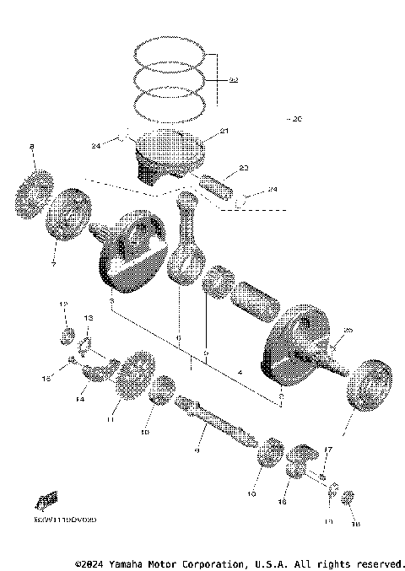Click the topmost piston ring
click(172, 53)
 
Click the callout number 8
click(32, 148)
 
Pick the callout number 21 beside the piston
click(224, 131)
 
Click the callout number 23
click(244, 170)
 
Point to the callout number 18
click(354, 522)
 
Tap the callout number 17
click(328, 450)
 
